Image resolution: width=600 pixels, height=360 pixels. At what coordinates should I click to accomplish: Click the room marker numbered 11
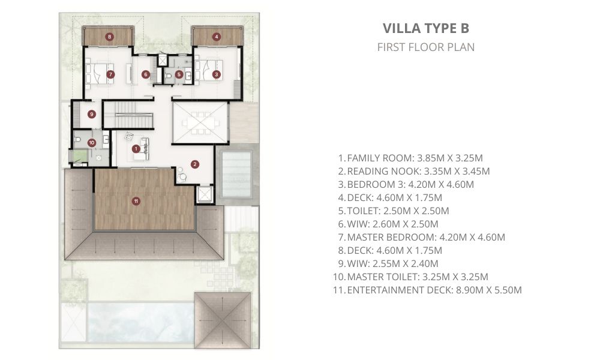tap(136, 201)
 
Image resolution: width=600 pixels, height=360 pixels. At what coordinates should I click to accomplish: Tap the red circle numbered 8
tap(110, 37)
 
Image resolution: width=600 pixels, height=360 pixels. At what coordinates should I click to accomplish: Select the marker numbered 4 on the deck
tap(217, 37)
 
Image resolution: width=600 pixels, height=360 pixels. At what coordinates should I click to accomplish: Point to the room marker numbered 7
tap(110, 74)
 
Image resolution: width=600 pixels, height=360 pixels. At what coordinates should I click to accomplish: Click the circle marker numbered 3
tap(216, 74)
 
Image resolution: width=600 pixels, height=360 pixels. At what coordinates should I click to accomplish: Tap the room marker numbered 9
tap(91, 114)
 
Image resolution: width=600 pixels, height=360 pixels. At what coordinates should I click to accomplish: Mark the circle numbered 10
tap(91, 143)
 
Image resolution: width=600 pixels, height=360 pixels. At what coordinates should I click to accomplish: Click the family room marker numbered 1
tap(136, 148)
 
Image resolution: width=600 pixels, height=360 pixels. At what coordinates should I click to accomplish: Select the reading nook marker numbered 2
tap(195, 164)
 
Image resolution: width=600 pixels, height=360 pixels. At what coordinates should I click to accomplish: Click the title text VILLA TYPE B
tap(426, 28)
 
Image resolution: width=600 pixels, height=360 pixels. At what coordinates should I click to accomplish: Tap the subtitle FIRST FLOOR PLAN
tap(426, 47)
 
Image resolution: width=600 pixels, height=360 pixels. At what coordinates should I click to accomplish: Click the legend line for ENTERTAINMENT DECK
tap(427, 290)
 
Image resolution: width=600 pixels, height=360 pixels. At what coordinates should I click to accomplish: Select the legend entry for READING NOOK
tap(413, 171)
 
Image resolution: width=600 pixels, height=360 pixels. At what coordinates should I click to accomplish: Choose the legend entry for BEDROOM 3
tap(406, 184)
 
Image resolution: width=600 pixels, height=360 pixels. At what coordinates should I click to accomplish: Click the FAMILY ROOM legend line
tap(410, 158)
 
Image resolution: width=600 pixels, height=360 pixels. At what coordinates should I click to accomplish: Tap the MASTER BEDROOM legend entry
tap(422, 237)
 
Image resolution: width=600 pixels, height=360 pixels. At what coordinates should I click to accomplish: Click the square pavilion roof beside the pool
tap(223, 320)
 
